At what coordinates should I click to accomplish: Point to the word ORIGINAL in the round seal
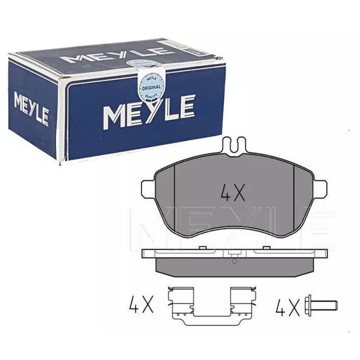[x=150, y=87]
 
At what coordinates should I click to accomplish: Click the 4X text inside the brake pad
[x=232, y=192]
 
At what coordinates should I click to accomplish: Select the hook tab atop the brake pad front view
[x=233, y=145]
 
